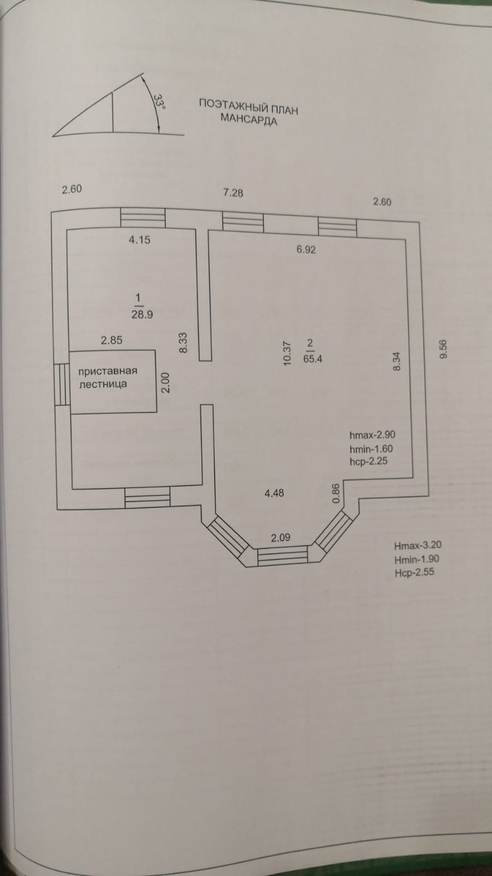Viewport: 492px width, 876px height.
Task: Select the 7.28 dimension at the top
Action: click(x=233, y=193)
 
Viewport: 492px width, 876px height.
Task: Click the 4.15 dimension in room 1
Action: click(x=140, y=239)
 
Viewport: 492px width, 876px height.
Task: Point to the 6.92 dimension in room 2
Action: click(x=306, y=250)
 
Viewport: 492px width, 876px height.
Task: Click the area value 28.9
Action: click(x=142, y=314)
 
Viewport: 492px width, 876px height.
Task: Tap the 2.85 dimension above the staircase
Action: click(x=112, y=340)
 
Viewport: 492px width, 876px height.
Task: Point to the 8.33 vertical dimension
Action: click(x=183, y=343)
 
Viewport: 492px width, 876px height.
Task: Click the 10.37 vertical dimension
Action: click(x=287, y=353)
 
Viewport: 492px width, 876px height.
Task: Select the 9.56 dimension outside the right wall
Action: click(x=443, y=349)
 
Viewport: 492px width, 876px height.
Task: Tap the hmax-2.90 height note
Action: click(x=372, y=435)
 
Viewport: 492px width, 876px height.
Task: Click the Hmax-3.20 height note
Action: click(x=418, y=545)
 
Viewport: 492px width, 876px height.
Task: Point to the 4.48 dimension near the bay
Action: click(x=274, y=493)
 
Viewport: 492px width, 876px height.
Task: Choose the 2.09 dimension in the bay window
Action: click(x=281, y=537)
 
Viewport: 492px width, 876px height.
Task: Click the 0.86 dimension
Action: click(x=337, y=493)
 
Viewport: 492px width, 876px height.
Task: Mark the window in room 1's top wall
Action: click(x=142, y=217)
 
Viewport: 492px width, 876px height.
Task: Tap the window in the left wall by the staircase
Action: click(x=62, y=385)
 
